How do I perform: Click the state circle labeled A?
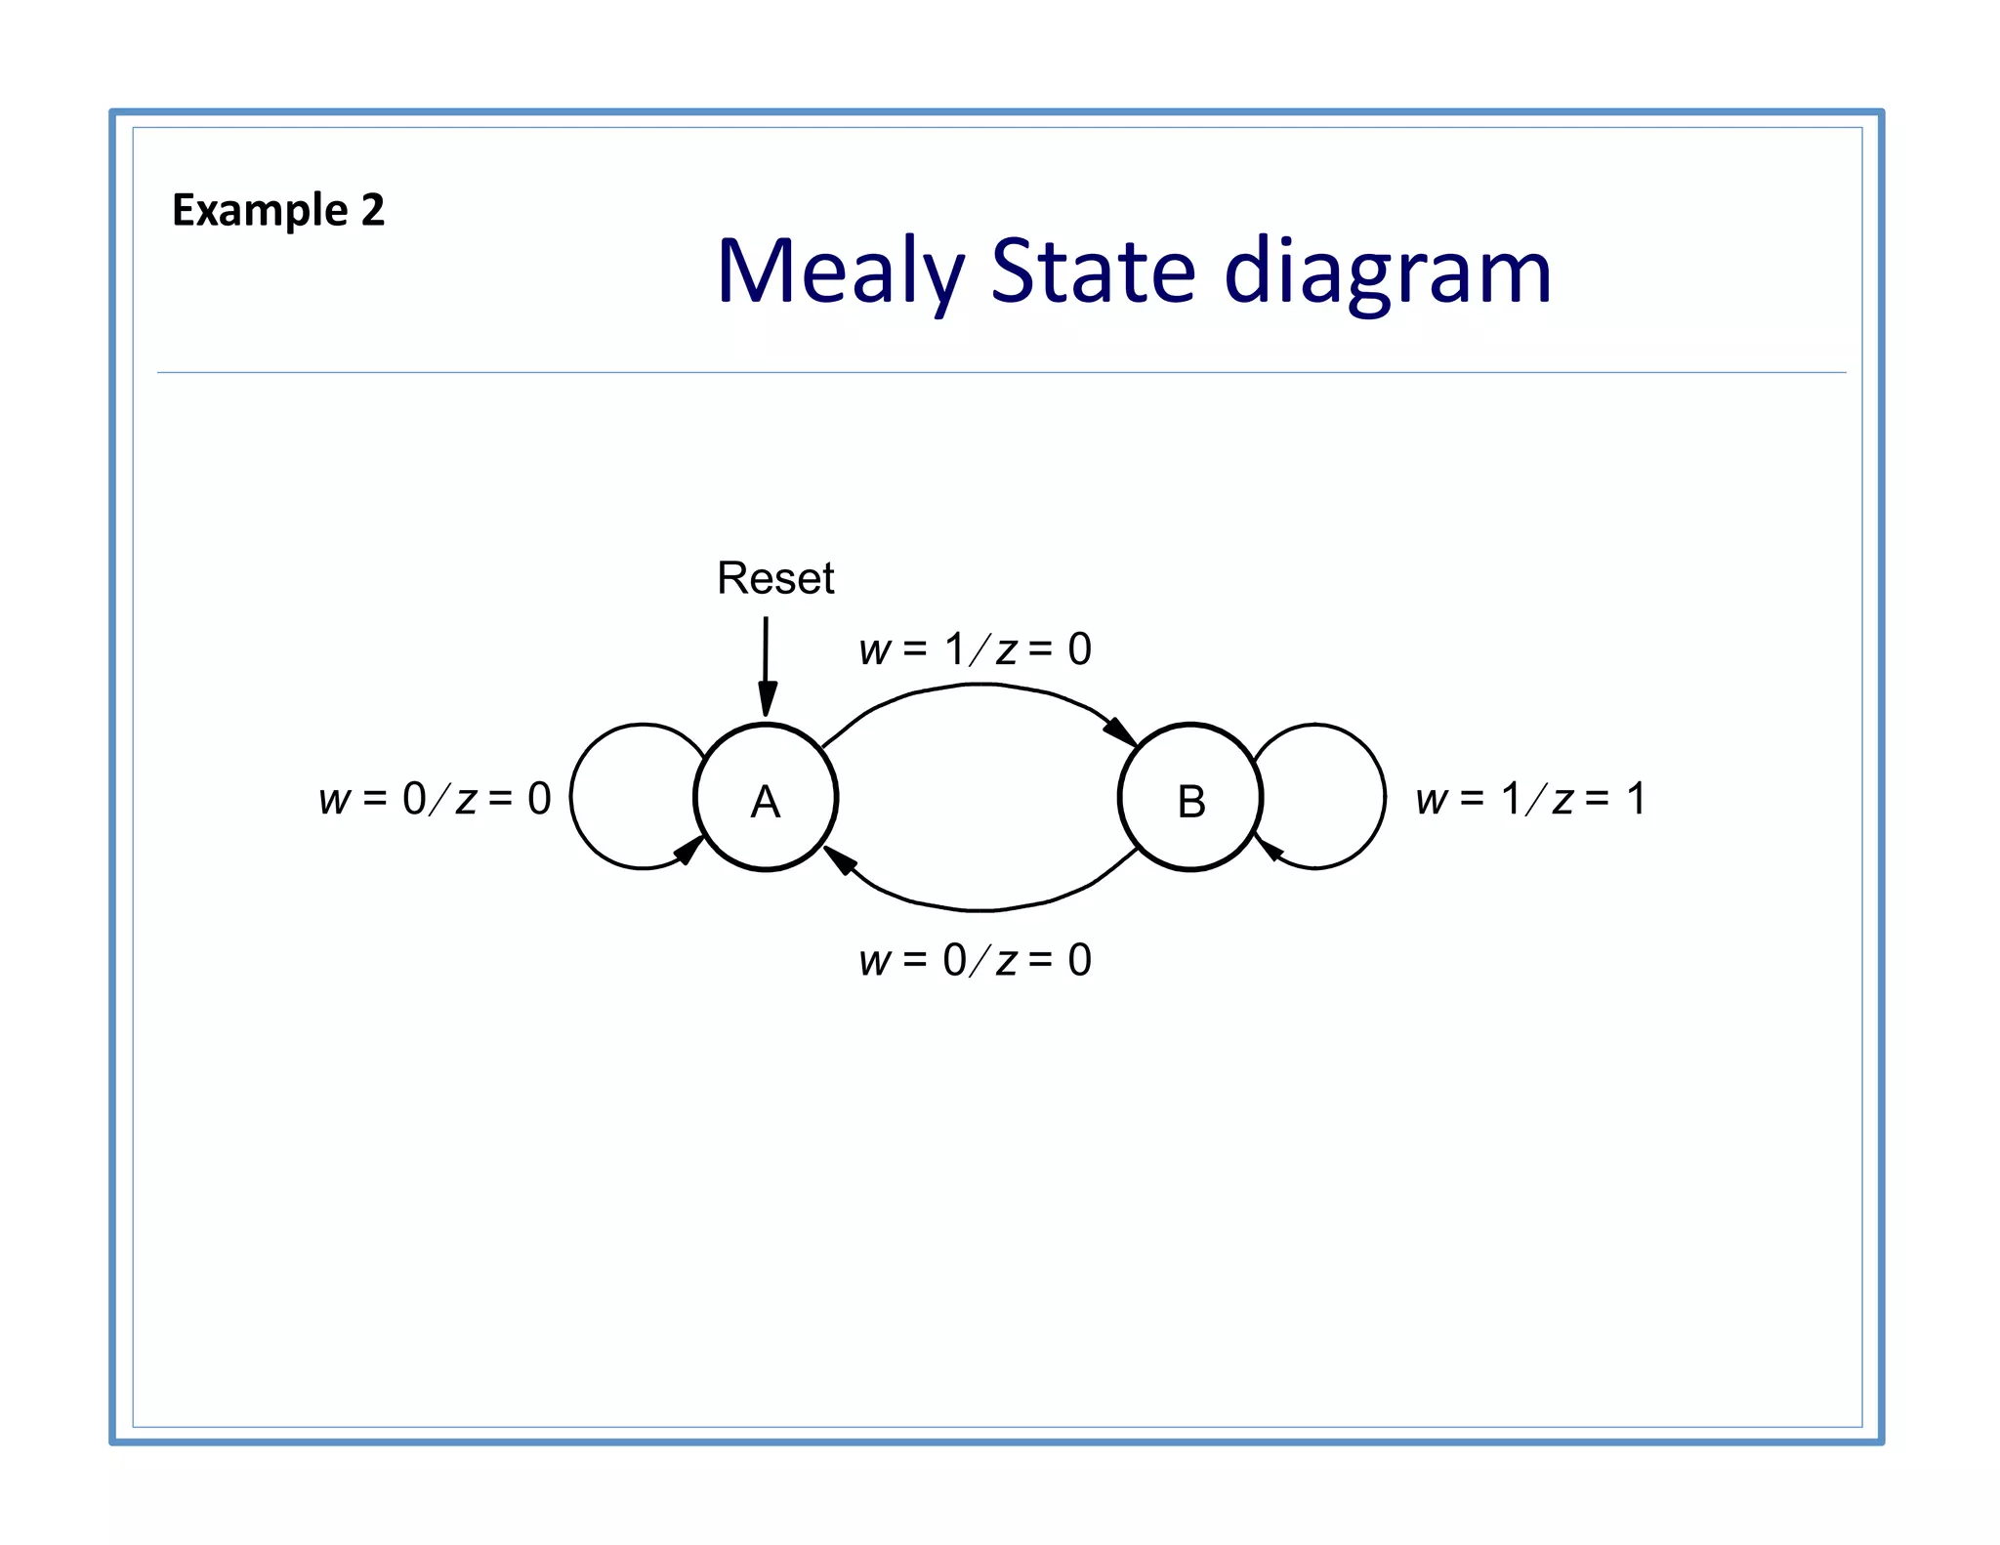coord(766,798)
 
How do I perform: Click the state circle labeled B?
coord(1190,798)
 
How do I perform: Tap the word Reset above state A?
coord(775,578)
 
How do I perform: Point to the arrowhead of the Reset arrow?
coord(768,701)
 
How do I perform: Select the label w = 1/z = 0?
coord(975,649)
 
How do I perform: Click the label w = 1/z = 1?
coord(1530,799)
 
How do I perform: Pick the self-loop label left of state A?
coord(435,799)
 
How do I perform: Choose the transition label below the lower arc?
coord(975,961)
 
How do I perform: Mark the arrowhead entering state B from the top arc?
coord(1120,731)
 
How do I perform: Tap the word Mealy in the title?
coord(840,271)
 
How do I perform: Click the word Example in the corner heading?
coord(260,211)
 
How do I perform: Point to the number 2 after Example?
coord(373,211)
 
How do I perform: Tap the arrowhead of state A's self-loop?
coord(689,851)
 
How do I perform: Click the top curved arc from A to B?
coord(977,686)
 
